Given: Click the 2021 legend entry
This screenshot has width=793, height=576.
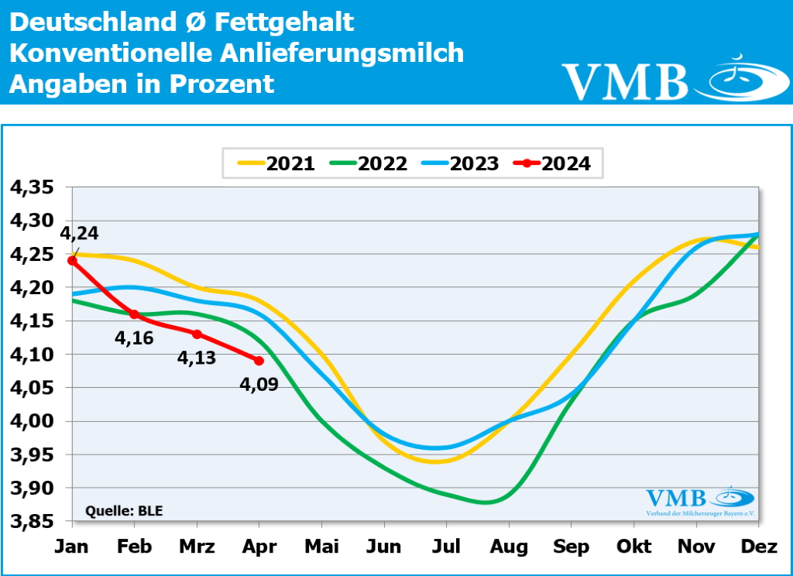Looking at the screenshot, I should [276, 163].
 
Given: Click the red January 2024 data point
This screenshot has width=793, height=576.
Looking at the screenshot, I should [72, 261].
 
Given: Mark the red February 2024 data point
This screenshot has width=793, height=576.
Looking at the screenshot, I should [134, 314].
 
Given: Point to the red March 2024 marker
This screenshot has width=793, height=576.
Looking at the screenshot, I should [197, 334].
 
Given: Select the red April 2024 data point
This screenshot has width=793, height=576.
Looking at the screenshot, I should [259, 361].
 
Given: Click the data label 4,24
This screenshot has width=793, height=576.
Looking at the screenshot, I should [80, 234].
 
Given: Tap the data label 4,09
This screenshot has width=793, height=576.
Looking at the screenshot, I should [259, 382].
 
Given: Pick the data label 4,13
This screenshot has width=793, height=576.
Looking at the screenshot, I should [197, 358].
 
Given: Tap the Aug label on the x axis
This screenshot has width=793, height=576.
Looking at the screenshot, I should [508, 547].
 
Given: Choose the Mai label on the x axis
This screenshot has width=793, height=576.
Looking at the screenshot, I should [321, 547].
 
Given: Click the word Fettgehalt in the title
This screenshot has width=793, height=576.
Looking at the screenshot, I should [283, 22].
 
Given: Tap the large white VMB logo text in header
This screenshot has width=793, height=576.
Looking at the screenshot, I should [625, 81].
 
